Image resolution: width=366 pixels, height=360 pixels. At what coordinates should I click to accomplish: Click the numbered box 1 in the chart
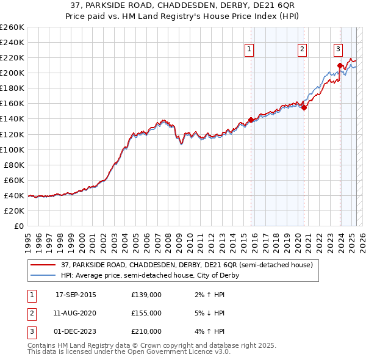coord(250,50)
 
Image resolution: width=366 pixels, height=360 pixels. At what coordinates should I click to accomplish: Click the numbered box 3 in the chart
coord(338,50)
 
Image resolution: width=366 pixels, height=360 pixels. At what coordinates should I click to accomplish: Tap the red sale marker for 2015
coord(251,120)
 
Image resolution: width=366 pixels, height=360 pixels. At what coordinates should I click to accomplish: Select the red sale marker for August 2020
coord(304,107)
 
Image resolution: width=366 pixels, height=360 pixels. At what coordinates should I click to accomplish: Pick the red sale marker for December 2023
coord(340,65)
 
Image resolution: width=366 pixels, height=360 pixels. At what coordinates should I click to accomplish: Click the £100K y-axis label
coord(12,149)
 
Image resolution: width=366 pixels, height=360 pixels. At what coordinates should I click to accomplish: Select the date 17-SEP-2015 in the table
coord(76,295)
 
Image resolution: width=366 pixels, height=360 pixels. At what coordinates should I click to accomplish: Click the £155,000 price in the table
coord(146,313)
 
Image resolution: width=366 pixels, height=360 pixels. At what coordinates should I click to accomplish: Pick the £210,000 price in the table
coord(146,331)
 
